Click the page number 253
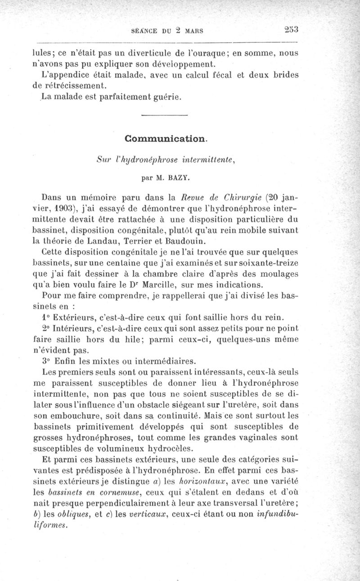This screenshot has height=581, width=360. pyautogui.click(x=292, y=30)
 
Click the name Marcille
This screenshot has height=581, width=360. pyautogui.click(x=187, y=284)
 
